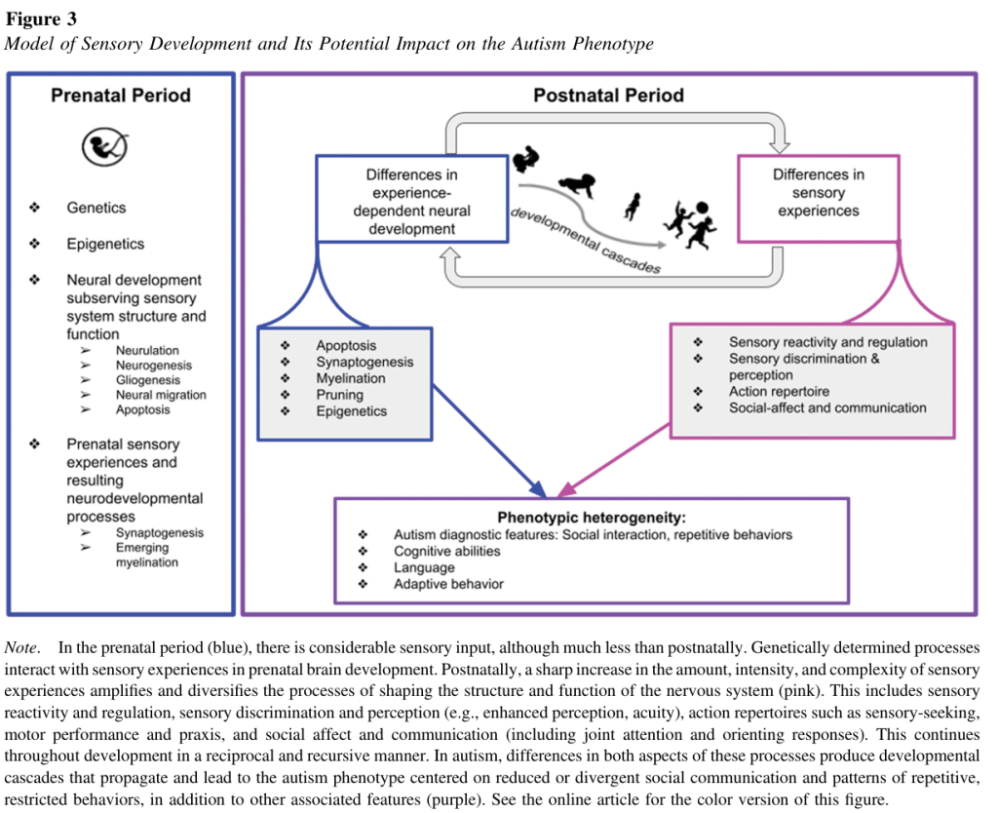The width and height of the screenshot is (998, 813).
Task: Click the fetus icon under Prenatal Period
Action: coord(104,147)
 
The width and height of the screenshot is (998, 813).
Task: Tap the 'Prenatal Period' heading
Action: coord(121,96)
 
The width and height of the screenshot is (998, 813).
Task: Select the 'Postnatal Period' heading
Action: coord(608,96)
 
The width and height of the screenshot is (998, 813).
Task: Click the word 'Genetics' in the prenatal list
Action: coord(96,208)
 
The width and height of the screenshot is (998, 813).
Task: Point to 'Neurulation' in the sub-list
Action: coord(147,350)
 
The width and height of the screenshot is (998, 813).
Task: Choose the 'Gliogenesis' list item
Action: coord(147,380)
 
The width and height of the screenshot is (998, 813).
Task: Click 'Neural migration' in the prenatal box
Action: coord(161,395)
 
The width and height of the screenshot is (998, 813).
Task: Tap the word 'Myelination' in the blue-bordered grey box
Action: coord(350,378)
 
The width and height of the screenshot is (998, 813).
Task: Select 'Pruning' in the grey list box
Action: coord(339,395)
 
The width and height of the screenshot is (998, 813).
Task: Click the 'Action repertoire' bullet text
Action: coord(779,392)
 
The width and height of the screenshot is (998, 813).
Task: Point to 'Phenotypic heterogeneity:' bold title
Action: coord(592,519)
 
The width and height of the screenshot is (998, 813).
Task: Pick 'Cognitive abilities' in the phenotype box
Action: coord(446,552)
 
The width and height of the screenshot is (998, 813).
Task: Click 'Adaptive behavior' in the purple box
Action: coord(448,585)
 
